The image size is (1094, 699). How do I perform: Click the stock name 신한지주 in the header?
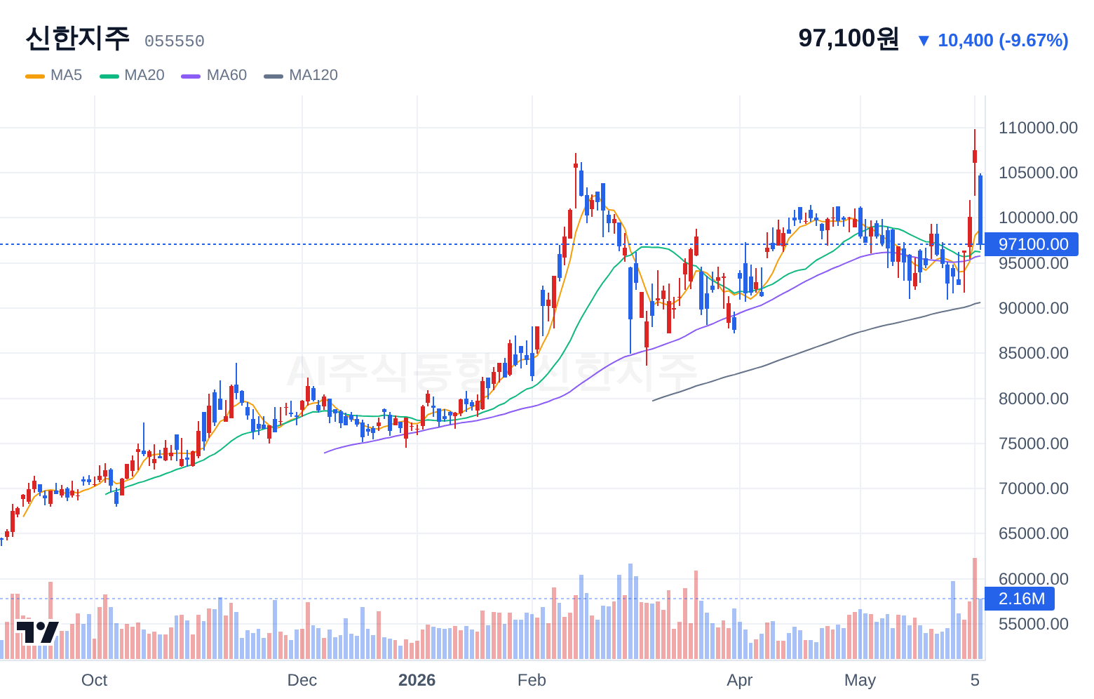point(78,38)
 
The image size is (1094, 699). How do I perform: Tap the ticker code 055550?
point(175,41)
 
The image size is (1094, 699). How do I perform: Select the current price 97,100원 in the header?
point(849,38)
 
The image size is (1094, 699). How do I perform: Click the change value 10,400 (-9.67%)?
point(1003,41)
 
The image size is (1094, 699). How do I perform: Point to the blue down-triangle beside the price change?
point(924,41)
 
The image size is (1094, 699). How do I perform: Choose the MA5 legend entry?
point(54,75)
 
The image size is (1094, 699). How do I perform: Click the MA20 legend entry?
point(132,75)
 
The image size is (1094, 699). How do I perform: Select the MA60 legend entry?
point(214,75)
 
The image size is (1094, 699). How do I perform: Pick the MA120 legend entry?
point(301,75)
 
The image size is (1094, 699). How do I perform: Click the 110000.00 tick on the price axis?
point(1038,128)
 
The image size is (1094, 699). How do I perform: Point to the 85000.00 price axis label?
point(1034,353)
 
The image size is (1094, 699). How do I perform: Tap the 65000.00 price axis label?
point(1034,533)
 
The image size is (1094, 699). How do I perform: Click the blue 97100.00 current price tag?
point(1032,244)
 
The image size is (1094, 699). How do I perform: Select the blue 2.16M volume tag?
point(1020,599)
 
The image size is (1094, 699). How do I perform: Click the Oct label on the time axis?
point(94,680)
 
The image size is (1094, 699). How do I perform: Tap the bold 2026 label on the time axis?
point(417,680)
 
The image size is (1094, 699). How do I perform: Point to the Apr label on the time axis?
point(739,680)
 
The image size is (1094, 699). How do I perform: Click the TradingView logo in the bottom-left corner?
point(38,632)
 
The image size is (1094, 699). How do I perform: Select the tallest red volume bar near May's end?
point(975,608)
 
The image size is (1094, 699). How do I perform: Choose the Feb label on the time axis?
point(532,680)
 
